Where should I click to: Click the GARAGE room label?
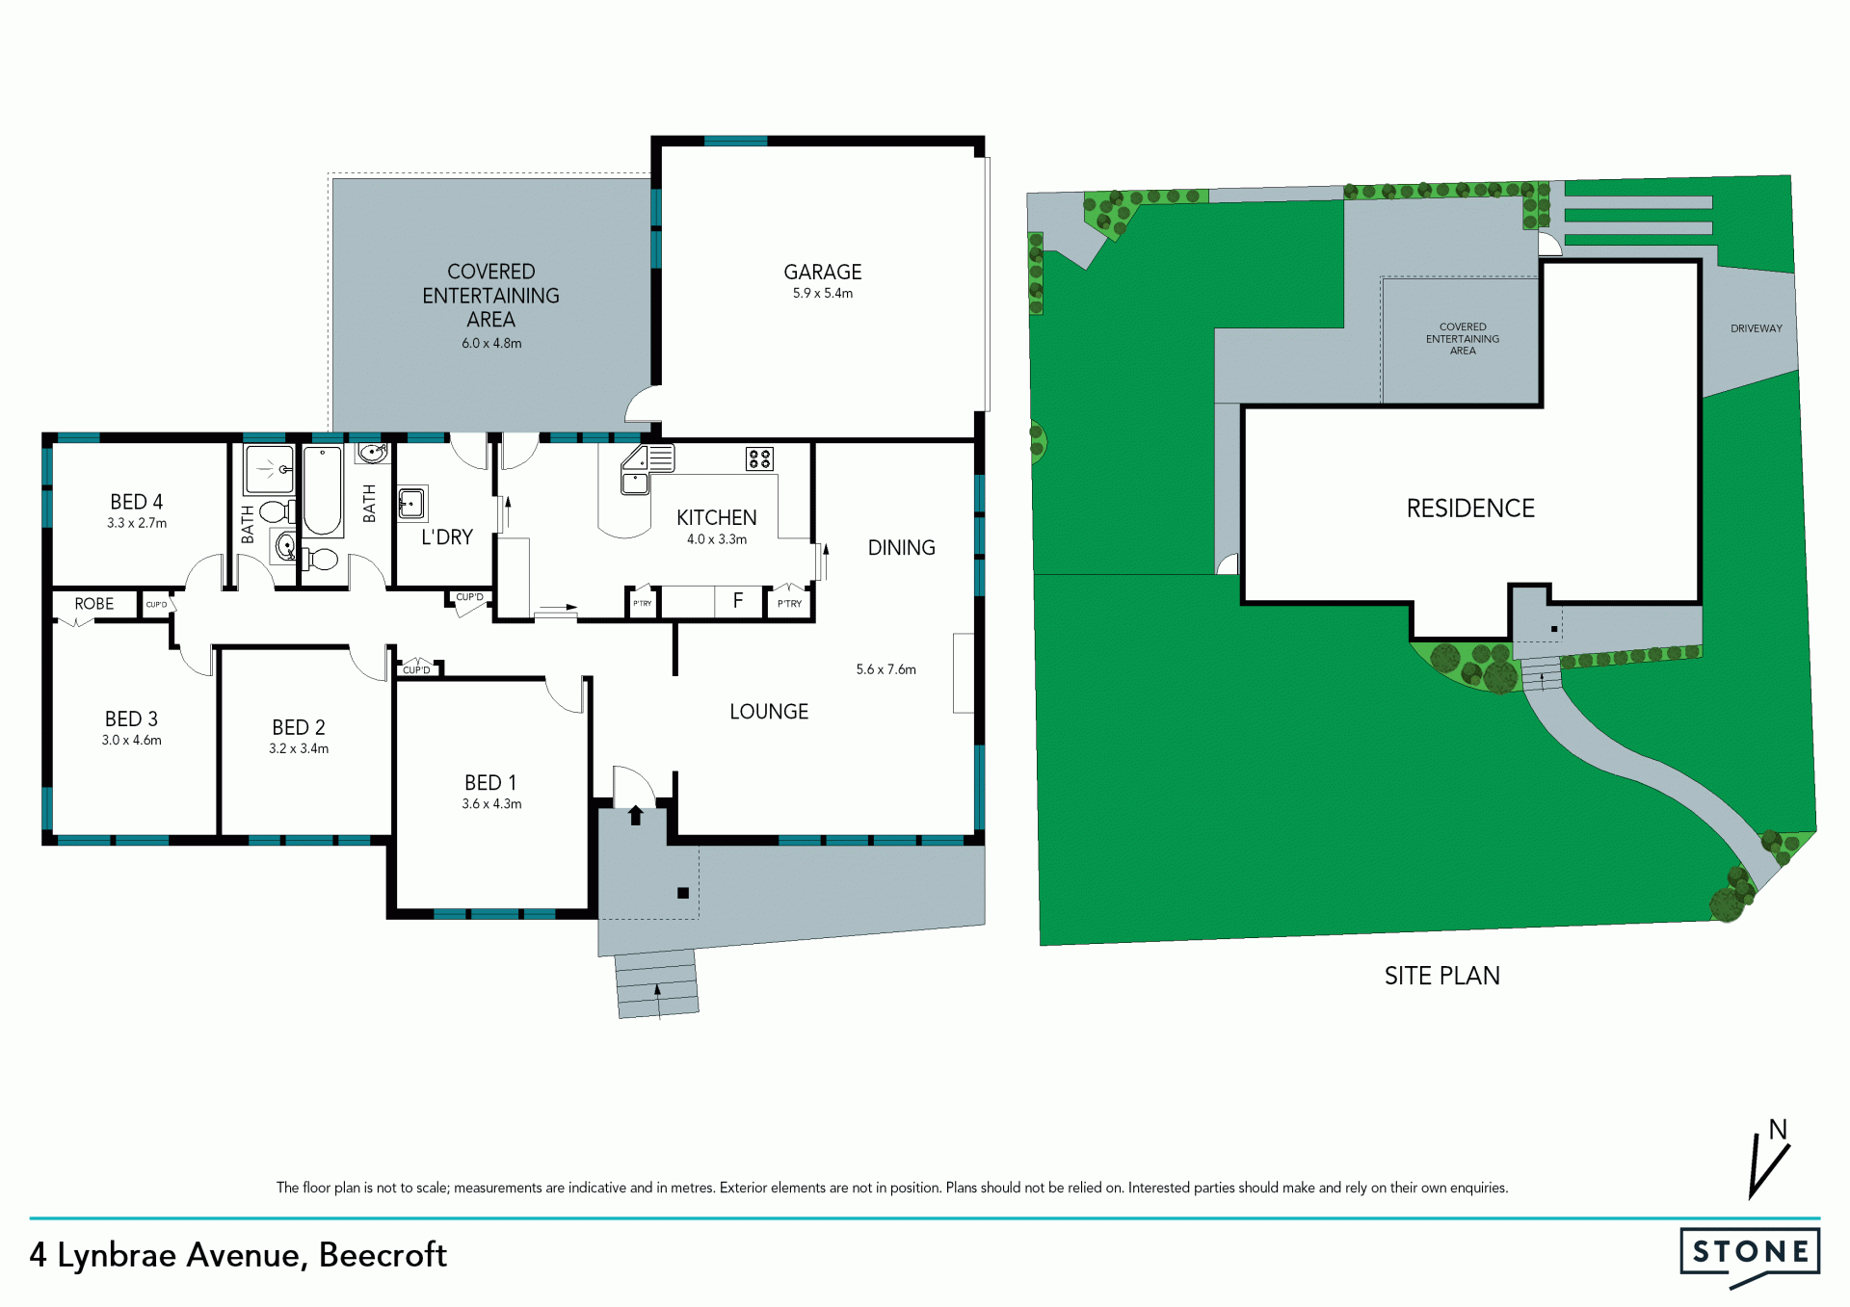823,273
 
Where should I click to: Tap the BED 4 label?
137,502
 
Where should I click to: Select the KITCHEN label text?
717,518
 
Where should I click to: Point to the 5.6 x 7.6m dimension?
886,669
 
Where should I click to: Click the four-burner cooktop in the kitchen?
759,458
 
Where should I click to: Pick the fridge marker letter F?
738,601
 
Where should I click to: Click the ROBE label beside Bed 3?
94,604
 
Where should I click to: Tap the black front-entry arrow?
636,815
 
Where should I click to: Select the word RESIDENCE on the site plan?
1470,509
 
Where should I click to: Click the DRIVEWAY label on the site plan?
1757,328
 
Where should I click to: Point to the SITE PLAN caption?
1442,977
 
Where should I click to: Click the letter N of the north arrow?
1778,1129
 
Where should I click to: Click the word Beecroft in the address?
383,1255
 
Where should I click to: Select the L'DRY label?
447,537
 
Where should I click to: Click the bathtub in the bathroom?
323,490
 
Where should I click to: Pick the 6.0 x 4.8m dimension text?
491,344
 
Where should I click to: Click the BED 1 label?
490,783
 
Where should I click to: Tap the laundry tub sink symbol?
412,503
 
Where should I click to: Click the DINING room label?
902,548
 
